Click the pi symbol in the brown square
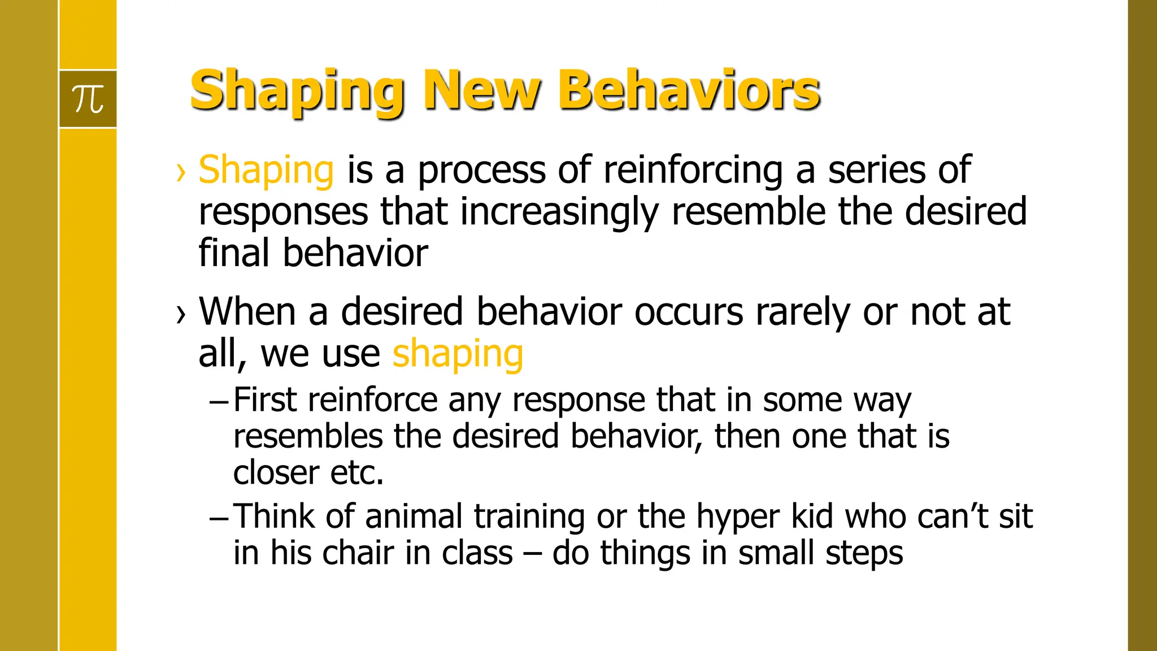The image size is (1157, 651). (x=88, y=99)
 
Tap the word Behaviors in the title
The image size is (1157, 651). (x=689, y=90)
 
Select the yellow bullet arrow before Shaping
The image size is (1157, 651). (x=181, y=172)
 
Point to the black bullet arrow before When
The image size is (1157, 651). (x=181, y=314)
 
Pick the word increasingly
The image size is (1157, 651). (x=559, y=212)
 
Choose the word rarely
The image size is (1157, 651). (x=803, y=313)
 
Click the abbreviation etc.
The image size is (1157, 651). (x=356, y=473)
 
